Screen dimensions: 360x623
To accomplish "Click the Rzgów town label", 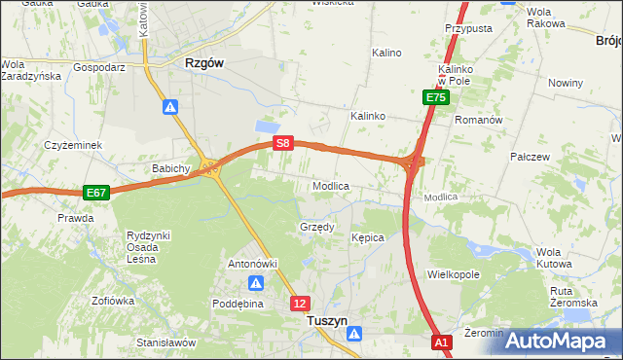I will (204, 62).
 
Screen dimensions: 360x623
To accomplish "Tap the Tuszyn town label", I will (327, 319).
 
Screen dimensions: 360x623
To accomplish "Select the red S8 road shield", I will (282, 143).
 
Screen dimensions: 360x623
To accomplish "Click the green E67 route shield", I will (95, 193).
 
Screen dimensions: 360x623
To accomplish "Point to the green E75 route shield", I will (435, 97).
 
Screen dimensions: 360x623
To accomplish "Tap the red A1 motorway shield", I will (442, 342).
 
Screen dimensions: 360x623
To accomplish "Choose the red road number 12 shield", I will (300, 304).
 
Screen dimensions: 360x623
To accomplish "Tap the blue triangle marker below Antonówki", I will (255, 283).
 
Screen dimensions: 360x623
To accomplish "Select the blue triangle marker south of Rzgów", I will (169, 107).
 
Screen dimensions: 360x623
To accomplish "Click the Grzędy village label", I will (316, 228).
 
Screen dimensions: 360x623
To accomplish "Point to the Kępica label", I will (368, 237).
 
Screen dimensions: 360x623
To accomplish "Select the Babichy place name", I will (170, 168).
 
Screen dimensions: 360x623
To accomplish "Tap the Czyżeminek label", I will (73, 145).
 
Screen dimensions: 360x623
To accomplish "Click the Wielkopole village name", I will (454, 274).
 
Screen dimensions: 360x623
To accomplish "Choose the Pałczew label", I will (531, 156).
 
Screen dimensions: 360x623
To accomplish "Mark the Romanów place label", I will (478, 120).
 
